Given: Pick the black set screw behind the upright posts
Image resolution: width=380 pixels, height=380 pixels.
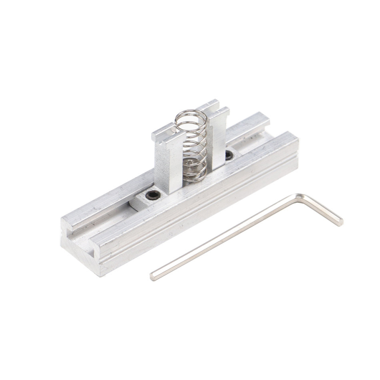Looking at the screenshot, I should (230, 155).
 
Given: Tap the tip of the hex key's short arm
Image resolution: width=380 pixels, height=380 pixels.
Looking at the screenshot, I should (340, 221).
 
